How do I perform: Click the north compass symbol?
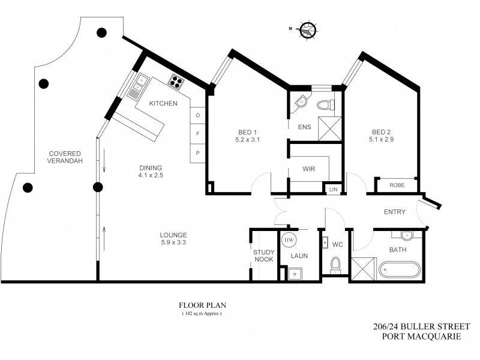[307, 29]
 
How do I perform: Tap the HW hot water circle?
[289, 239]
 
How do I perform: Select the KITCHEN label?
[163, 103]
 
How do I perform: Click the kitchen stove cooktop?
[176, 81]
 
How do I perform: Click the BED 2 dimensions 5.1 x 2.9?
[382, 140]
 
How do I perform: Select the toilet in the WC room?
[335, 264]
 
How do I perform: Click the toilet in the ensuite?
[325, 105]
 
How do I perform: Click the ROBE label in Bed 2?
[397, 185]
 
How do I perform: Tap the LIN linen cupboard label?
[333, 190]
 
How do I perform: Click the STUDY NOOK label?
[263, 256]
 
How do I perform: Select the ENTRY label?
[395, 212]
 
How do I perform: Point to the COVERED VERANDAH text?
[65, 157]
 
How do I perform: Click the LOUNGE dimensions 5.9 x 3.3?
[173, 242]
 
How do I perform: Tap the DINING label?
[150, 167]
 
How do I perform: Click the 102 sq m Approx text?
[202, 314]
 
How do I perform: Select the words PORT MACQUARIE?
[422, 337]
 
